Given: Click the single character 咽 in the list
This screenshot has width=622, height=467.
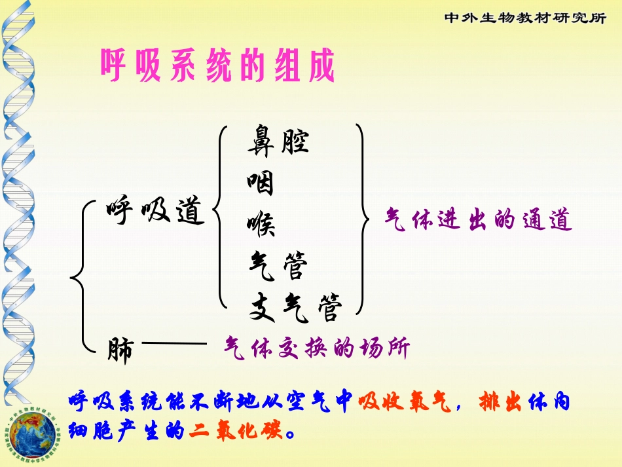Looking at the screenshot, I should tap(261, 184).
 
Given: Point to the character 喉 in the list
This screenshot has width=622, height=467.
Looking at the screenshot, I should tap(261, 225).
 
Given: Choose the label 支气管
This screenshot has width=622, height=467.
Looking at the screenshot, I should tap(295, 308).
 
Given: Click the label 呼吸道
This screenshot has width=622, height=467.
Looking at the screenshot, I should tap(156, 211).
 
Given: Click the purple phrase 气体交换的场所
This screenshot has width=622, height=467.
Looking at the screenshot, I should tap(316, 348).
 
